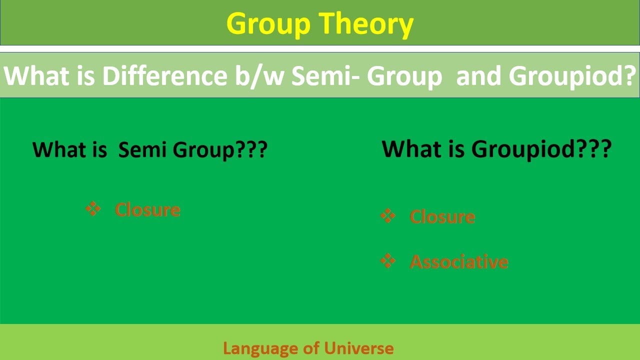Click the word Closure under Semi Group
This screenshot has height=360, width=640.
coord(147,209)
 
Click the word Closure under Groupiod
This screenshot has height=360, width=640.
coord(442,216)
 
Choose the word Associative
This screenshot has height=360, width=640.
coord(458,261)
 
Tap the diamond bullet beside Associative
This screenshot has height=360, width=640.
coord(388,261)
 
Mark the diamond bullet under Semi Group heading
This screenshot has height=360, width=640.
coord(93,209)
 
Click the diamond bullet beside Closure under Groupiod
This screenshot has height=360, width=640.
coord(388,216)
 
